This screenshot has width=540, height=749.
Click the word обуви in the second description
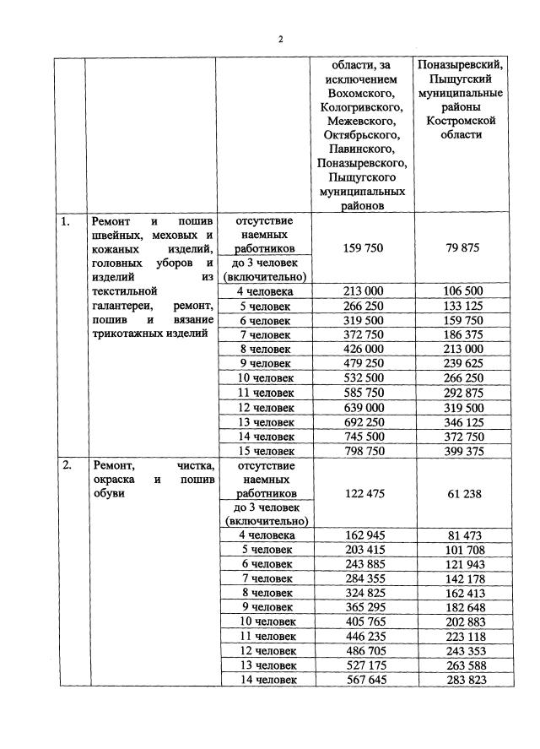pyautogui.click(x=110, y=493)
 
